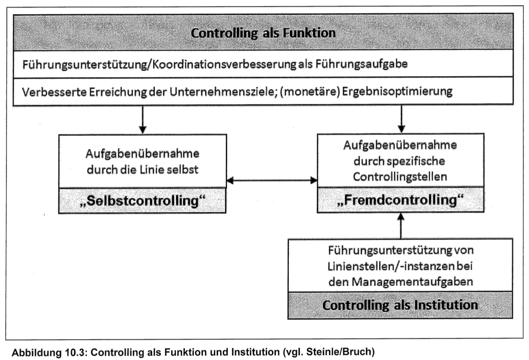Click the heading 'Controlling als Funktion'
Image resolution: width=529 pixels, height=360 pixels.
(263, 33)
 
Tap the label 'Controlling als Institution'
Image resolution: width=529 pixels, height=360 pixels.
(400, 305)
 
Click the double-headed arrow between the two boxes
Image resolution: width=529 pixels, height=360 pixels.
(272, 180)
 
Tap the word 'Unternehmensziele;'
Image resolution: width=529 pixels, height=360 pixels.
(252, 92)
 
